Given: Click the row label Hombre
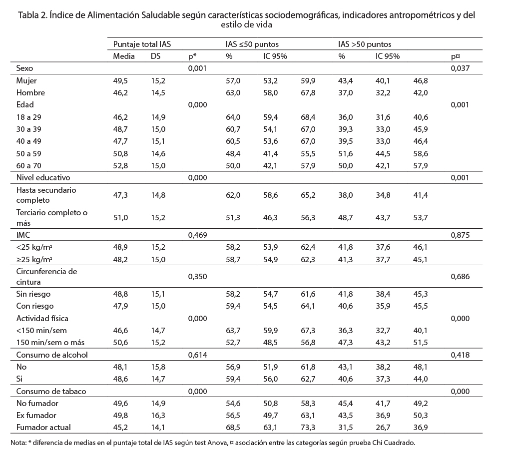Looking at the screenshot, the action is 30,93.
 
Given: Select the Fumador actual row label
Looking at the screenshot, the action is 43,428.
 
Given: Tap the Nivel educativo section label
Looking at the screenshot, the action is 43,178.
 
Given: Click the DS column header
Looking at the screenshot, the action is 155,56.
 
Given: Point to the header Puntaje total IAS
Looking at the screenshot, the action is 142,44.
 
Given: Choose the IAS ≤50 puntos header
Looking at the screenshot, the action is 252,44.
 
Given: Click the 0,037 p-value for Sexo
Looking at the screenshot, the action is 460,68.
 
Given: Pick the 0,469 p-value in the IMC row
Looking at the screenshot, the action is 197,235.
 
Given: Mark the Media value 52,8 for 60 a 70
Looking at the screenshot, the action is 120,166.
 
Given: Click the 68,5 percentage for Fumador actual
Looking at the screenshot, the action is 233,428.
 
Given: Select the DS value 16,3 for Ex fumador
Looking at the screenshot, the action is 158,416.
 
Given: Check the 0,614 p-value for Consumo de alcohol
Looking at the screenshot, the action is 197,355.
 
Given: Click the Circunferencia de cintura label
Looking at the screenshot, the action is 46,277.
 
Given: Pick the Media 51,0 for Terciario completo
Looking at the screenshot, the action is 120,218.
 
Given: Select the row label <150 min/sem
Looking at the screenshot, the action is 41,331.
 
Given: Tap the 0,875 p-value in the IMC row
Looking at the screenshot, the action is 460,235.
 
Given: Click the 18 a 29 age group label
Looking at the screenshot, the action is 28,117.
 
